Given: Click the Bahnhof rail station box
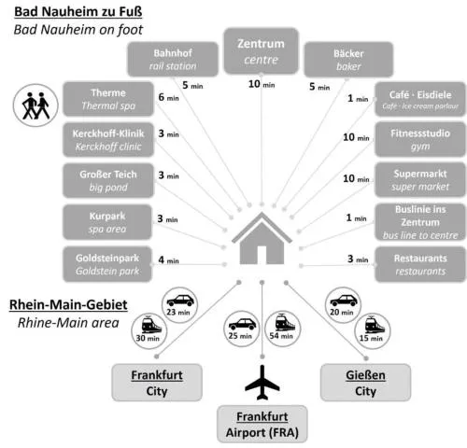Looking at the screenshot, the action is tap(173, 59).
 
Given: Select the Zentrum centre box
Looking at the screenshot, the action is tap(261, 51).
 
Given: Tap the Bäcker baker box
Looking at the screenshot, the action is tap(348, 60).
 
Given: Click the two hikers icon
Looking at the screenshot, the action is tap(35, 105).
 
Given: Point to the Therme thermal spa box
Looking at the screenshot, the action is tap(108, 99).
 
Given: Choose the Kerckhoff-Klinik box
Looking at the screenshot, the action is tap(108, 140).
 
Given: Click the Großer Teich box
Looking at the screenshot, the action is tap(108, 180).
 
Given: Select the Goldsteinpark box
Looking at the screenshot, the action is tap(107, 264).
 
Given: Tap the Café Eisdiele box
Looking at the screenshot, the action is tap(420, 99).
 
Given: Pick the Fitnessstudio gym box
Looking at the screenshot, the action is tap(420, 139).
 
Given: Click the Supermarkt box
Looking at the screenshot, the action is tap(420, 180).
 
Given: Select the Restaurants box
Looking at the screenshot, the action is tap(420, 264).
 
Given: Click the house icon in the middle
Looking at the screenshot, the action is tap(262, 239).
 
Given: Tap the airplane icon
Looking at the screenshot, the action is tap(262, 383).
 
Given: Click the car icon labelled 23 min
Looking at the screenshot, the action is tap(180, 300).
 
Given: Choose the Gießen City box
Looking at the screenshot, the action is tap(365, 383).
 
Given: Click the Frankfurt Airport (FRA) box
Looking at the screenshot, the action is tap(262, 424).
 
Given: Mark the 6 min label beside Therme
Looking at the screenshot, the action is tap(168, 97).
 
